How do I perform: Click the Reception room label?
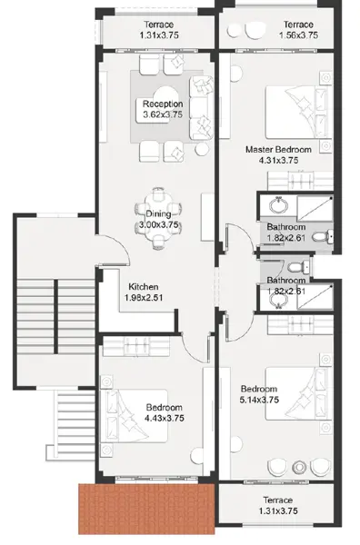point(163,104)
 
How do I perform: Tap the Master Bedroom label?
point(278,150)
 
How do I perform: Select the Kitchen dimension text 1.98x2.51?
point(144,298)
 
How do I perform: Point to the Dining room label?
point(158,213)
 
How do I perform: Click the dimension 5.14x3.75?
point(259,400)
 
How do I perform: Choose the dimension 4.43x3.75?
point(165,418)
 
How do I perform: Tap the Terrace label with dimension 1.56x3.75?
point(298,25)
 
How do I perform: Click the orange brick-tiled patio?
point(146,509)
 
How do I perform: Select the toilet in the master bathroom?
point(323,237)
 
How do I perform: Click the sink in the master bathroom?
point(278,205)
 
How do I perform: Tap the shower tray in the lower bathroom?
point(315,296)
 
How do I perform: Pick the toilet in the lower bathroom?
point(298,267)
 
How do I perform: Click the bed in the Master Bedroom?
point(296,113)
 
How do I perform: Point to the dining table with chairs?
point(158,218)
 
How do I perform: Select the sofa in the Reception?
point(201,108)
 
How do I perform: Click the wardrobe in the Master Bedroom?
point(300,181)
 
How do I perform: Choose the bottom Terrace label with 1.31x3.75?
point(277,500)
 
